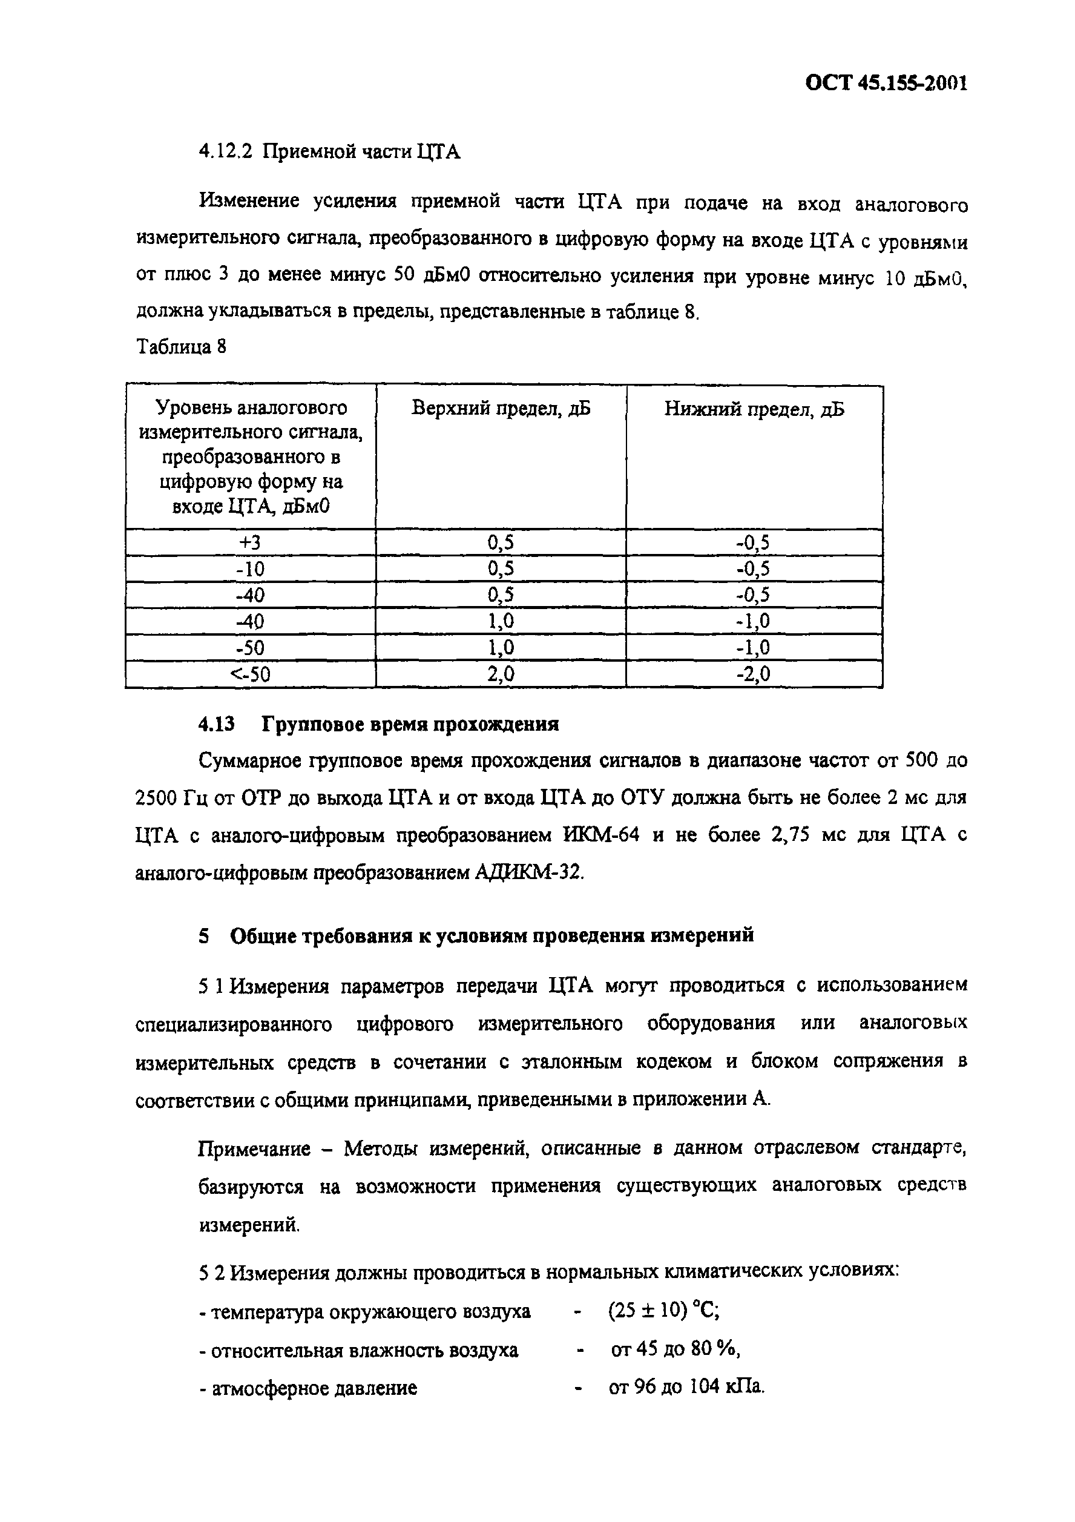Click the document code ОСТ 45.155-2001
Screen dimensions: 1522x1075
coord(886,84)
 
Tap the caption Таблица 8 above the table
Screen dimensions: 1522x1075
coord(181,346)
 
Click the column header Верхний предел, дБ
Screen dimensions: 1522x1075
coord(501,408)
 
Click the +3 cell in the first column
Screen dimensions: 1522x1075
coord(251,542)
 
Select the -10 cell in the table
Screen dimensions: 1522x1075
coord(251,568)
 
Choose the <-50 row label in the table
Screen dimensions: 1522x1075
coord(250,674)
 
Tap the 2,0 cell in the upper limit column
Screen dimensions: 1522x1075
coord(501,674)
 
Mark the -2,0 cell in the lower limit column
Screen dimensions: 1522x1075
coord(754,674)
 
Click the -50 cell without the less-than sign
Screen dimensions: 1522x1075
coord(251,648)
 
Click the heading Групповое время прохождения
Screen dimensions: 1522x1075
coord(410,724)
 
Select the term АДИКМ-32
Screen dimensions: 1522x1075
coord(530,872)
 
